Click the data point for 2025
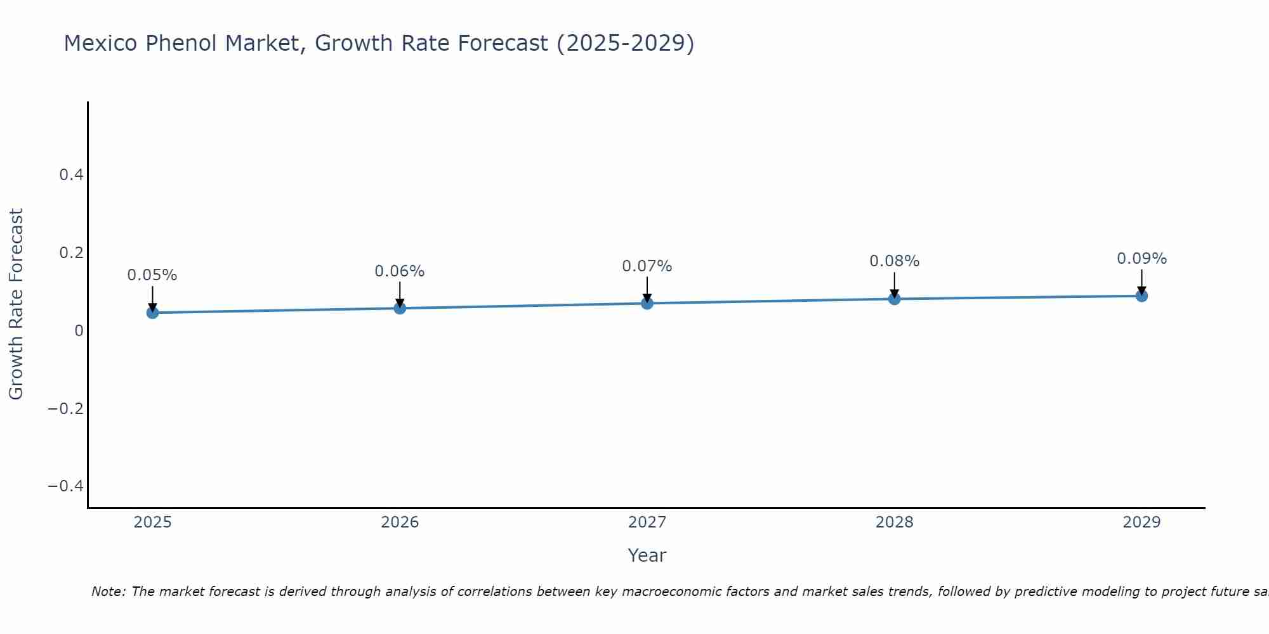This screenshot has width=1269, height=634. [x=152, y=313]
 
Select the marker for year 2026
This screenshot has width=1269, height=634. [x=400, y=308]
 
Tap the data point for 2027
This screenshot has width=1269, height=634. [x=647, y=304]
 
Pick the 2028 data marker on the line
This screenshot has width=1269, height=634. [x=894, y=299]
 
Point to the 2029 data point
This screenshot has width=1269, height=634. [x=1141, y=295]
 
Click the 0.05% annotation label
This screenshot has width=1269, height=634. [x=152, y=275]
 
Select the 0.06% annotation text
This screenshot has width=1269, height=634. [x=400, y=271]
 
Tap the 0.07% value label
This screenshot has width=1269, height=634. [x=647, y=266]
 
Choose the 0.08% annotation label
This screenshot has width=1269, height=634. [x=894, y=261]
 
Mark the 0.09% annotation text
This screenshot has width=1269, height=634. [x=1141, y=259]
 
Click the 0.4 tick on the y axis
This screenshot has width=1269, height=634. [x=71, y=175]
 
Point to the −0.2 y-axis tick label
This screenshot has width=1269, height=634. [x=65, y=408]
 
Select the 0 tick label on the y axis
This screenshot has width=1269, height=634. [x=79, y=330]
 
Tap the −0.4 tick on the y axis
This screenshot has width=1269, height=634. [x=65, y=486]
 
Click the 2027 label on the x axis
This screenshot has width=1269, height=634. [x=647, y=522]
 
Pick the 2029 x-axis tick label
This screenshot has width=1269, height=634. [x=1141, y=522]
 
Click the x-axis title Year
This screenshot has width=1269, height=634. [x=647, y=555]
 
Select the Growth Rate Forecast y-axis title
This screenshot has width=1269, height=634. [x=16, y=304]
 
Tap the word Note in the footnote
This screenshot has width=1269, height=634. [x=108, y=592]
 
